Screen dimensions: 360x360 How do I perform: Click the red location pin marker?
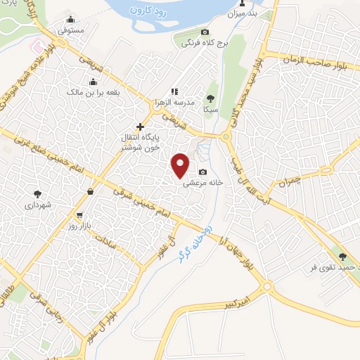[x=181, y=165]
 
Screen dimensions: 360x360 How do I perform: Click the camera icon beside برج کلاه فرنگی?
[x=205, y=32]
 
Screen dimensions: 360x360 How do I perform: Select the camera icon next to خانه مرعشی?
[x=203, y=172]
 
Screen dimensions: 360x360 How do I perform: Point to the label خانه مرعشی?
[x=204, y=183]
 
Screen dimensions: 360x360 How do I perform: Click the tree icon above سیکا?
[x=210, y=98]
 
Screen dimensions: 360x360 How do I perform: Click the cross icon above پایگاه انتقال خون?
[x=141, y=127]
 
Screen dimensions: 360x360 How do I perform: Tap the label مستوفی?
[x=70, y=31]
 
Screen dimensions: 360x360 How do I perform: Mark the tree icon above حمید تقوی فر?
[x=342, y=257]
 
